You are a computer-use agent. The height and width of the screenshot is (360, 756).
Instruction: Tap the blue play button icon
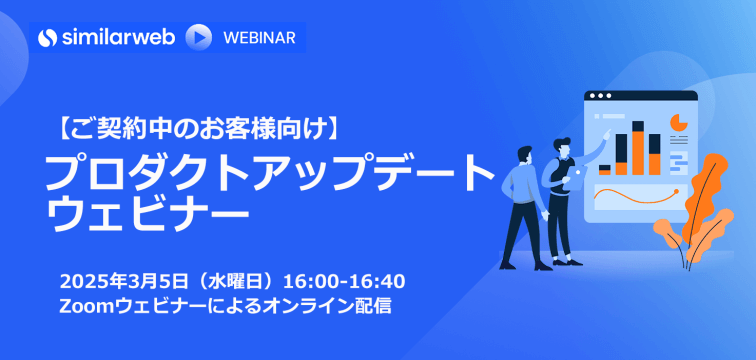click(199, 37)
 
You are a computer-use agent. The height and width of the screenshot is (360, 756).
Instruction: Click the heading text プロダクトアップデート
click(270, 176)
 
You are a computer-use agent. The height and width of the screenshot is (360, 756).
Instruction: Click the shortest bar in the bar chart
click(604, 167)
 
